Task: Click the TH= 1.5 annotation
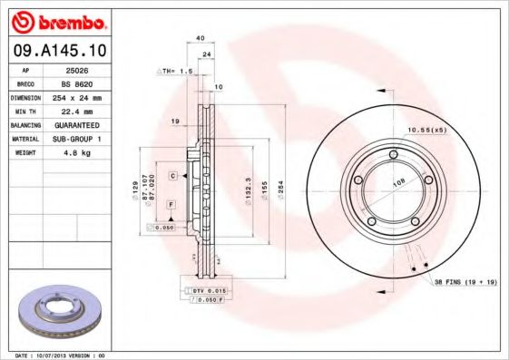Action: [177, 70]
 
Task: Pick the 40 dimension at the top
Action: [199, 38]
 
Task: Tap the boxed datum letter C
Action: [171, 174]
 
